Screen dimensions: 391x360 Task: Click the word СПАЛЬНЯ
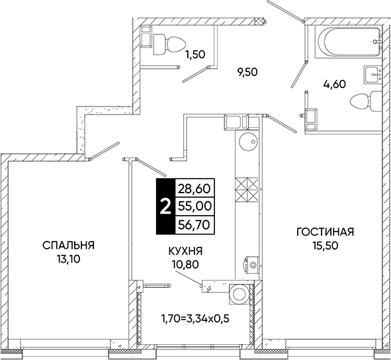(x=68, y=246)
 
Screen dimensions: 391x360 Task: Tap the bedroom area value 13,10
(x=68, y=259)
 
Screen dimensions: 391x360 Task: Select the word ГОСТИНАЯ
(x=326, y=232)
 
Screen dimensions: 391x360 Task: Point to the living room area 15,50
(x=326, y=246)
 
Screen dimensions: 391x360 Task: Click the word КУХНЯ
(x=185, y=251)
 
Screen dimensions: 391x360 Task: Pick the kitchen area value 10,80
(x=185, y=264)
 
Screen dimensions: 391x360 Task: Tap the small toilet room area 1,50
(x=195, y=54)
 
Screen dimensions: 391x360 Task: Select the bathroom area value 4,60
(x=334, y=84)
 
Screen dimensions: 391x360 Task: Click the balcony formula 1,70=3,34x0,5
(x=195, y=318)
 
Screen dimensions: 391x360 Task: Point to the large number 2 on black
(x=165, y=206)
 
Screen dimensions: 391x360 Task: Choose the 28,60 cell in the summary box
(x=195, y=189)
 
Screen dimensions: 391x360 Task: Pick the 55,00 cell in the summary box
(x=195, y=206)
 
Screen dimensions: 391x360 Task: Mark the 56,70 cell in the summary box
(x=195, y=225)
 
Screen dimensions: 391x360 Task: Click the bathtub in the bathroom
(x=349, y=42)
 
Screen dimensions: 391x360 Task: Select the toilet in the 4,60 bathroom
(x=366, y=101)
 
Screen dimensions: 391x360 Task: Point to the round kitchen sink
(x=248, y=142)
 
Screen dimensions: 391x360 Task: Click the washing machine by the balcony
(x=239, y=294)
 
